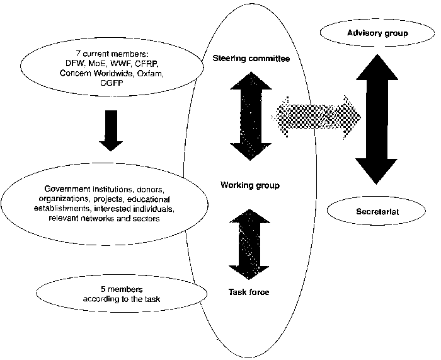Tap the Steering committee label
pos(251,59)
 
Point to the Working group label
pos(250,185)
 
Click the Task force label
pos(249,291)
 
